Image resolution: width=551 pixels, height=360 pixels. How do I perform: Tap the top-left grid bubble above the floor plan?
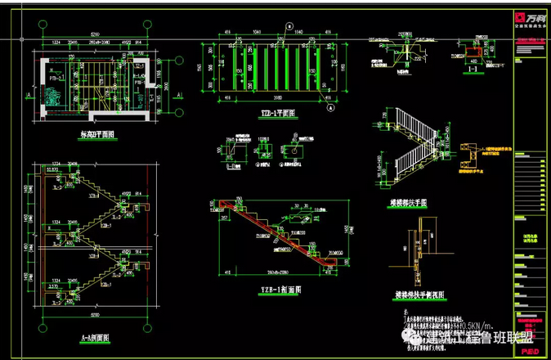point(42,25)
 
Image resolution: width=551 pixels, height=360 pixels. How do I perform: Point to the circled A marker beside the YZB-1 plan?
point(330,107)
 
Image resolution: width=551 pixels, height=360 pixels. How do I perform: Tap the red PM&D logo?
point(528,352)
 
